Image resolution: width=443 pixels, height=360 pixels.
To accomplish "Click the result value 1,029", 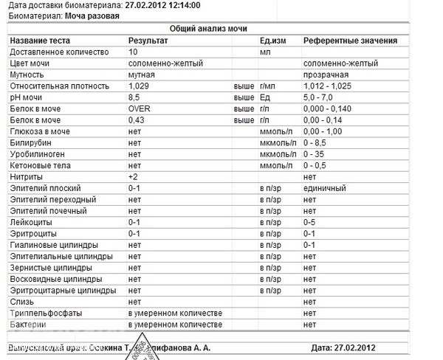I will click(140, 86).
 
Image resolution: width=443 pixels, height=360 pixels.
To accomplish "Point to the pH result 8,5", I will click(134, 97).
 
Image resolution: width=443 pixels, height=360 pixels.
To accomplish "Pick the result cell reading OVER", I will click(140, 108).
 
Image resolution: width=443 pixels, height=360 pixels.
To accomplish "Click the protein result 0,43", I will click(137, 120).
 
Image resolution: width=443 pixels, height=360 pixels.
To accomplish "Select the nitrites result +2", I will click(134, 177).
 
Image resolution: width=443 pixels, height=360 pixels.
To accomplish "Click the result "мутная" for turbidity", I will click(140, 75).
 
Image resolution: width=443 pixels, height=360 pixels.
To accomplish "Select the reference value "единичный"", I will click(325, 188).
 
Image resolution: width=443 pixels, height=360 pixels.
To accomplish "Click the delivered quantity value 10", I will click(133, 52).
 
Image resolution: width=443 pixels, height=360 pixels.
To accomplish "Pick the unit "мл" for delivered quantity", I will click(266, 52).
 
